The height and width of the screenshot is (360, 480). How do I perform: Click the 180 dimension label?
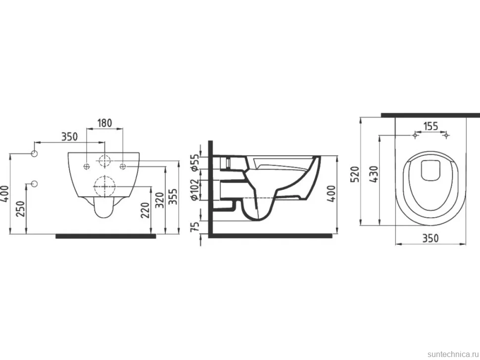point(105,123)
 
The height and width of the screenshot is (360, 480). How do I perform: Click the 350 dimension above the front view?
point(69,136)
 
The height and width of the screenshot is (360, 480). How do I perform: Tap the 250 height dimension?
point(20,209)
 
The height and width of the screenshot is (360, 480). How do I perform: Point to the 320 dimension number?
point(160,200)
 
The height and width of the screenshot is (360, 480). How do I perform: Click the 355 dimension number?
point(173,197)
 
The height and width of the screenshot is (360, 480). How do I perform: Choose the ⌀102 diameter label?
point(195,189)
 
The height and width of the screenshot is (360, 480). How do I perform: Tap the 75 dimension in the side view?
point(195,226)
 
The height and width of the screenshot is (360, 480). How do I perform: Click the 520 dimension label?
point(355,175)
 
